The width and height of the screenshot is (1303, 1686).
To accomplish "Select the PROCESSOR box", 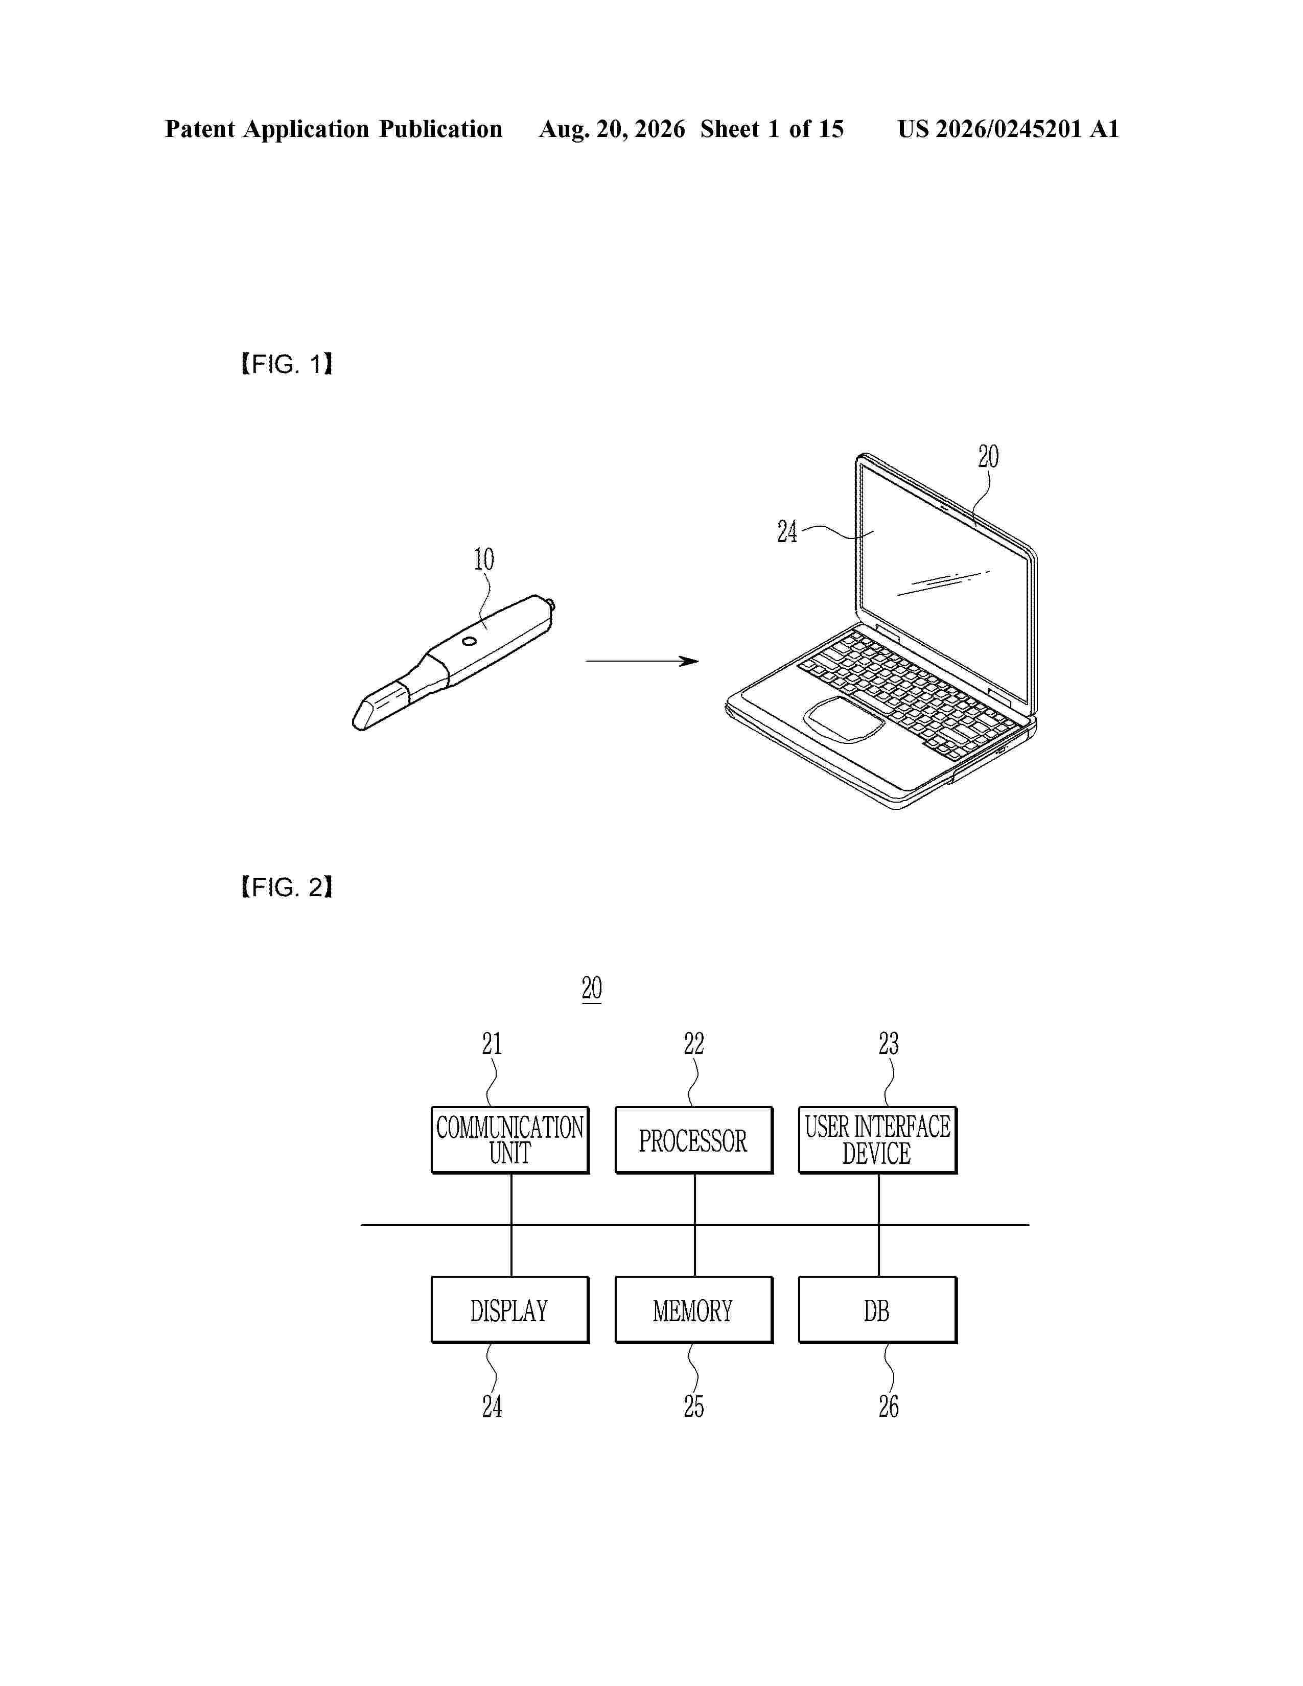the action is (694, 1140).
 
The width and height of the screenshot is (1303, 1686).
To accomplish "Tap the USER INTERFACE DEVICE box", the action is (878, 1140).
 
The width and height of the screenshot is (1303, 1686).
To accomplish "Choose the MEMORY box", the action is (694, 1310).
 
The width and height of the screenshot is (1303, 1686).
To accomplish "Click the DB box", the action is (878, 1310).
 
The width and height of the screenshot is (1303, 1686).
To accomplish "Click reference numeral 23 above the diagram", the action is (889, 1044).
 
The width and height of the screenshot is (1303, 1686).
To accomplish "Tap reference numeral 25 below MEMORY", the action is (694, 1407).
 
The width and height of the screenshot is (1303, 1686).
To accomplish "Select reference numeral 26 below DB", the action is (889, 1407).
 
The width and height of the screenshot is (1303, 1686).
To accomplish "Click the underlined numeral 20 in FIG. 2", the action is (592, 988).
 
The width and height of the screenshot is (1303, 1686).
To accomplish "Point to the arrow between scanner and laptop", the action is (642, 661).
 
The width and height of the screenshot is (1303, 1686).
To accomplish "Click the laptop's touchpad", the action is (844, 719).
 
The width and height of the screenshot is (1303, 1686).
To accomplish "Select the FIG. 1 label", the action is (286, 364).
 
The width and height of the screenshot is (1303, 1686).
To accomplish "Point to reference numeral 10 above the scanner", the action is (484, 559).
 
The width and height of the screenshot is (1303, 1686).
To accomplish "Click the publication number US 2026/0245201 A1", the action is (1008, 129).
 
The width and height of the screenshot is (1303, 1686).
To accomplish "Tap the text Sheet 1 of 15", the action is (772, 129).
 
